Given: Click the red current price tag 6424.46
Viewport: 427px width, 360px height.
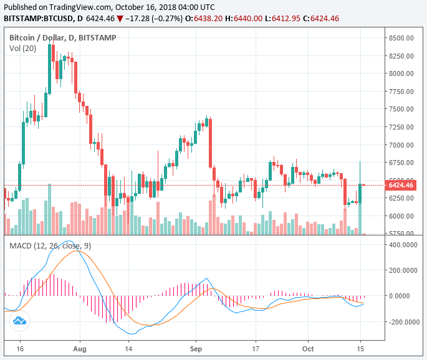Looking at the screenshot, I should tap(401, 185).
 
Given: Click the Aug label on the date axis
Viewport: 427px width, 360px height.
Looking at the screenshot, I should tap(78, 349).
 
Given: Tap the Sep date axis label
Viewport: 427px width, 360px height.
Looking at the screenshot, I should tap(196, 349).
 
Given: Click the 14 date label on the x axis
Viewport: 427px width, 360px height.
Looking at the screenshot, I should tap(128, 349).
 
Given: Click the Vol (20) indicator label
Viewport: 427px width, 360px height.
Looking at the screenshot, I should tap(22, 48).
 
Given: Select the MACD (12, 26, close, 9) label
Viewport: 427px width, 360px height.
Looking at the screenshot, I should tap(50, 246).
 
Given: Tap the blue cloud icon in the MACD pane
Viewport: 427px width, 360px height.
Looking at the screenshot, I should tap(19, 321).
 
